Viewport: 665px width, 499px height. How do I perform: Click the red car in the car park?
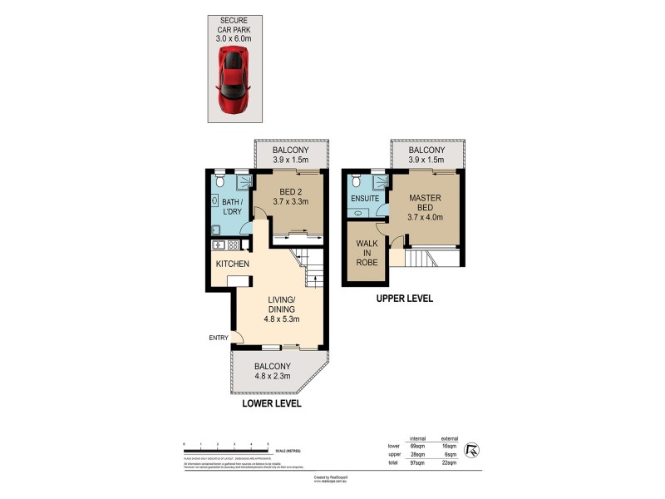(233, 79)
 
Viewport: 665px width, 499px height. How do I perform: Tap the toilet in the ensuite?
(356, 180)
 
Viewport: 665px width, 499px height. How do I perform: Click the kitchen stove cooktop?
(233, 245)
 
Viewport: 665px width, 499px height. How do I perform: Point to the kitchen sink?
(219, 245)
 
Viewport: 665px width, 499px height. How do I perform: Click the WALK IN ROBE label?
(367, 253)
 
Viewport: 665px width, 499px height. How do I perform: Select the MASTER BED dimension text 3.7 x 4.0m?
(425, 218)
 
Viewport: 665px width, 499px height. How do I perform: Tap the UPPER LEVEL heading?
(404, 298)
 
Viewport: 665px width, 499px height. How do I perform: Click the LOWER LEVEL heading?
(271, 403)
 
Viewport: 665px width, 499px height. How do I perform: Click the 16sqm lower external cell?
(449, 447)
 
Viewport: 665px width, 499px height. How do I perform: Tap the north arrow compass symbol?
(474, 450)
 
